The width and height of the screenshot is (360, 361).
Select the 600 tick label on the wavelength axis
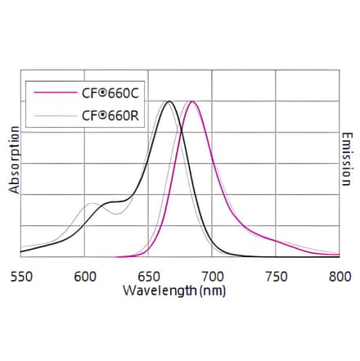(85, 277)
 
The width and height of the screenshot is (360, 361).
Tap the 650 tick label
(149, 277)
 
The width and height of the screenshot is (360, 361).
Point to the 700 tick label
(213, 277)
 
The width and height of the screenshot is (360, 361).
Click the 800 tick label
(339, 277)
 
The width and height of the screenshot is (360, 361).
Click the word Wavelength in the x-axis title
(160, 290)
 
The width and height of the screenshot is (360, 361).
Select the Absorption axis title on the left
(14, 160)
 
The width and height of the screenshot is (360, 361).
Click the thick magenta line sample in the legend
(52, 95)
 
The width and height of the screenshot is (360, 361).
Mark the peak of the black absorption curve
(169, 102)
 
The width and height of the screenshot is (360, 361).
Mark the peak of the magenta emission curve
(191, 102)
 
